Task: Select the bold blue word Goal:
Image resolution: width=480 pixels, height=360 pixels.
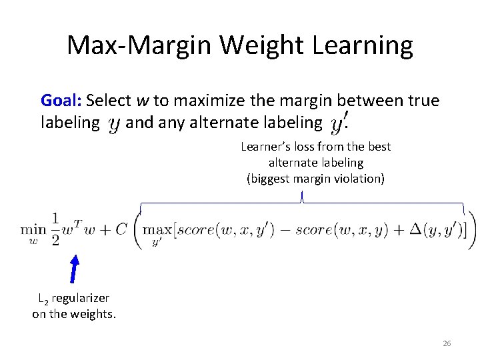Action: point(61,101)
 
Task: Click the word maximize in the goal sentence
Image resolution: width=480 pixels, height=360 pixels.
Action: point(207,101)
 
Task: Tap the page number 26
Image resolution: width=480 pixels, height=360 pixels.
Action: point(447,343)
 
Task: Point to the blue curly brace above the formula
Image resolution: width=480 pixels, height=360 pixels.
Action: point(302,199)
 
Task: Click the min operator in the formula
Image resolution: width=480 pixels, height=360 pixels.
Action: point(33,229)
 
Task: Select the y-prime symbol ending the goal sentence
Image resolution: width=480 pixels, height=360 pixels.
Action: point(340,123)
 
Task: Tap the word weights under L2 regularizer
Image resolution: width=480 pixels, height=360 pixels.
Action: point(95,314)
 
